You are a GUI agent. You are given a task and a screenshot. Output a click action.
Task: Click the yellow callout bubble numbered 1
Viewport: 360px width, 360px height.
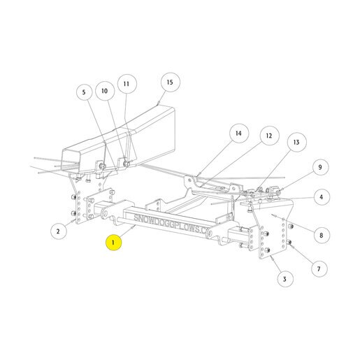[x=113, y=243]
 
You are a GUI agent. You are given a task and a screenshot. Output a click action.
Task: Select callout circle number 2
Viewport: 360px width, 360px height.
[x=59, y=231]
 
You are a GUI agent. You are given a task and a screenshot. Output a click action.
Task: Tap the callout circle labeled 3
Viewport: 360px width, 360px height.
[x=285, y=279]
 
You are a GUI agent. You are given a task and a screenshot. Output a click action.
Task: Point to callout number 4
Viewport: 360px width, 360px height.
[x=322, y=197]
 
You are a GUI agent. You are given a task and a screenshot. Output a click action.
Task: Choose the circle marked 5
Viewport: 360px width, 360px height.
[x=84, y=92]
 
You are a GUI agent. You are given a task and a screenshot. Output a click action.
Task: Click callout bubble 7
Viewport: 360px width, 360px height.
[x=319, y=269]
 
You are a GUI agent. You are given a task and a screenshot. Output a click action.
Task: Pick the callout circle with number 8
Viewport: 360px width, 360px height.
[x=322, y=235]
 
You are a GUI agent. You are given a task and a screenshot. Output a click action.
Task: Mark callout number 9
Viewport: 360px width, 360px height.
[x=320, y=167]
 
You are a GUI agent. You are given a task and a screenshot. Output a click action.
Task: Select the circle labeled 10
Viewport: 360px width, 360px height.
[x=105, y=91]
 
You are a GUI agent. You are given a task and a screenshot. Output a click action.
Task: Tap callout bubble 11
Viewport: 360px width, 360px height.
[x=127, y=84]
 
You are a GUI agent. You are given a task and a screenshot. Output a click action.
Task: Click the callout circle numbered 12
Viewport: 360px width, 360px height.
[x=269, y=136]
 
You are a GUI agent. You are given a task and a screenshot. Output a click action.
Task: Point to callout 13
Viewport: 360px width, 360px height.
[x=296, y=142]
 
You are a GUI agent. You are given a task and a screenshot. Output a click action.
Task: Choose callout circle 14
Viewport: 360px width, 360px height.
[x=239, y=134]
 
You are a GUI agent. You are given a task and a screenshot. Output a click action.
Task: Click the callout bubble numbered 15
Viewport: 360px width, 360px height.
[x=171, y=82]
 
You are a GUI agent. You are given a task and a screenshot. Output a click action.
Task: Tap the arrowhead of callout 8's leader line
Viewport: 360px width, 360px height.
[x=273, y=215]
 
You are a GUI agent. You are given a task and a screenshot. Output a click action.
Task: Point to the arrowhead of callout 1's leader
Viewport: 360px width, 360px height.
[x=134, y=226]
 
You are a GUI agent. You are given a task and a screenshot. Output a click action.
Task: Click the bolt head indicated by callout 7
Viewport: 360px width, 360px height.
[x=289, y=243]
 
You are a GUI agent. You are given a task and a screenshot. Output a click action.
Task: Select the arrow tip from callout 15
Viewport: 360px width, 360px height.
[x=159, y=102]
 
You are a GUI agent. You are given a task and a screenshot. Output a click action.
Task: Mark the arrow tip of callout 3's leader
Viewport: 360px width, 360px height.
[x=271, y=257]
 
